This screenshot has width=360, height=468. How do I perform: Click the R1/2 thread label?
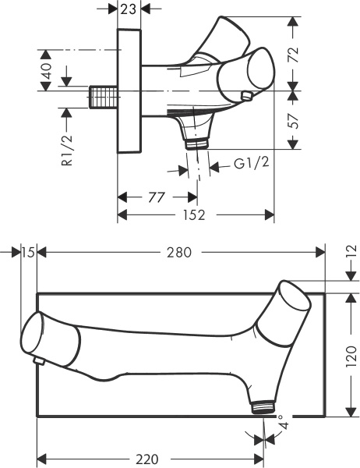68,151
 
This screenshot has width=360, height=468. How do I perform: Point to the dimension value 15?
29,252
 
